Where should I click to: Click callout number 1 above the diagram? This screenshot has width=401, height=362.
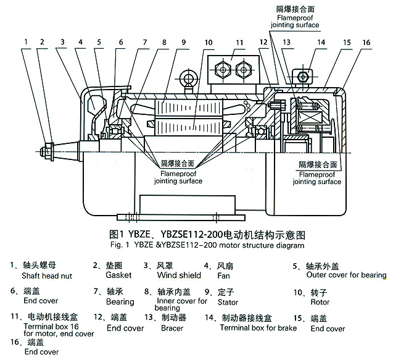[27, 42]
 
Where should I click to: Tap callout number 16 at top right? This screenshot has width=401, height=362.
[366, 43]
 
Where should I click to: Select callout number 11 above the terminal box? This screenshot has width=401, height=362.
[239, 42]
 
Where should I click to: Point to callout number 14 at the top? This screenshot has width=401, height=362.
[321, 43]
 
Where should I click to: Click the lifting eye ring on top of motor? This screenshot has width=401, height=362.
[187, 78]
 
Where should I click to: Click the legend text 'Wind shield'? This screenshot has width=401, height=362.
[179, 275]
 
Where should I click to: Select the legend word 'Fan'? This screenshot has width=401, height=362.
[225, 276]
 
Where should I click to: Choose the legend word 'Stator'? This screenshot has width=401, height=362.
[228, 302]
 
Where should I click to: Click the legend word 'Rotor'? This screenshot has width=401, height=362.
[320, 302]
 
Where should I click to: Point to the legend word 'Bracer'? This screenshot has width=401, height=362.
[172, 328]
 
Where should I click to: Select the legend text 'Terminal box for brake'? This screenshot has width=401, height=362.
[258, 327]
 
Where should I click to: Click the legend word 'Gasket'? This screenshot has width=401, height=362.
[118, 275]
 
